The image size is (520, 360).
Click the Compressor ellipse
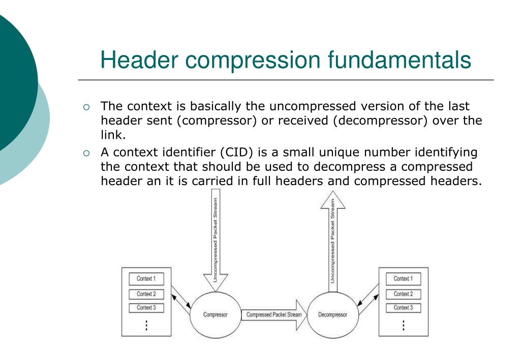215,315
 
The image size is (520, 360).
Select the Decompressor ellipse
332,315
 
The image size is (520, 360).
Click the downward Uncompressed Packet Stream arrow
215,239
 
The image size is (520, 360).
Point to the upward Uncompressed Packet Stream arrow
332,239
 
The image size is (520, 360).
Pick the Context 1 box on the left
146,279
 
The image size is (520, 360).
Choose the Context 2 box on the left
146,294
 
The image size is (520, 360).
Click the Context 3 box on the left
146,308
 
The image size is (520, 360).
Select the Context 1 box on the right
403,279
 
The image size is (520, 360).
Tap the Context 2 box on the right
403,294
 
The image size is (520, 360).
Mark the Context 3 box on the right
403,308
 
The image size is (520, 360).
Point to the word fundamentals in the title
399,60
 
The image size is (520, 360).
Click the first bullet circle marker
86,107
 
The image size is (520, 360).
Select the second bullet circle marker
86,153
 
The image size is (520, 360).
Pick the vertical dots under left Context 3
146,325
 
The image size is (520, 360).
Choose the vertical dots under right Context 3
404,325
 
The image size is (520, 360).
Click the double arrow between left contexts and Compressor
181,297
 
